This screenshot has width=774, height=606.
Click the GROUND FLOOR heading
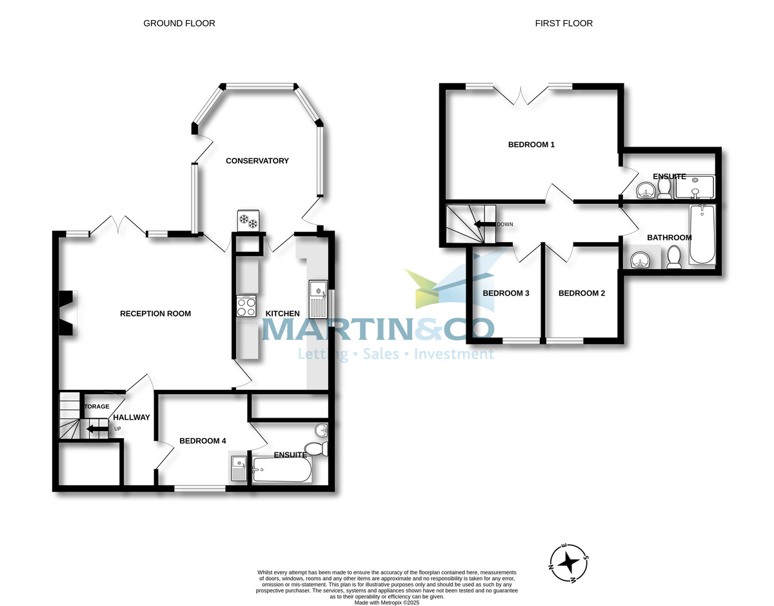point(179,23)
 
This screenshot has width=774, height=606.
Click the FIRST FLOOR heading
point(563,23)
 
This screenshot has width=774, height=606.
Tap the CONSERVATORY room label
point(257,161)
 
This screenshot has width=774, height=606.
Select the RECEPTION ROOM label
point(155,314)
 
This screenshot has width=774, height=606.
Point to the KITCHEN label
point(283,314)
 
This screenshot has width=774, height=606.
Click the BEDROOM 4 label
point(203,441)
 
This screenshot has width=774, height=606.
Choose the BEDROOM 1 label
point(531,145)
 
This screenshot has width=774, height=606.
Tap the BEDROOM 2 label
point(582,293)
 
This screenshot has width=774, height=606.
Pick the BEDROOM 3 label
point(506,293)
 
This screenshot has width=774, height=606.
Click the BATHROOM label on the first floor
point(670,237)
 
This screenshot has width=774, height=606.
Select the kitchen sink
point(319,298)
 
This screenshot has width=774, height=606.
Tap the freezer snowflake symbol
point(248,221)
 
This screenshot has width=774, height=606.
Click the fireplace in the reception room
point(67,313)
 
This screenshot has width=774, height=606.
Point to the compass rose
point(568,561)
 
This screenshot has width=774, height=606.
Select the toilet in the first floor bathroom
point(674,257)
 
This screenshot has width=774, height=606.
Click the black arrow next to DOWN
point(484,225)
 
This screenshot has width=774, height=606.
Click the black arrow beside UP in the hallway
point(97,429)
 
